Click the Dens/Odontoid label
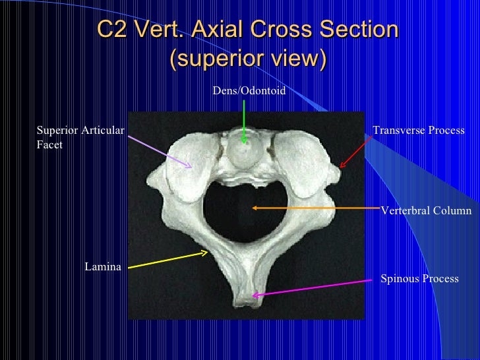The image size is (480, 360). pyautogui.click(x=249, y=91)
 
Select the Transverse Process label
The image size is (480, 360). pyautogui.click(x=419, y=131)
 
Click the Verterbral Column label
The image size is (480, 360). pyautogui.click(x=426, y=211)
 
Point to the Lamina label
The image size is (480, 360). pyautogui.click(x=103, y=266)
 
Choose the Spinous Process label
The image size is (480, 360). pyautogui.click(x=419, y=279)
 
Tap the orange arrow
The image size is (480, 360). pyautogui.click(x=316, y=208)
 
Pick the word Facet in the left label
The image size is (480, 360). pyautogui.click(x=49, y=144)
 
